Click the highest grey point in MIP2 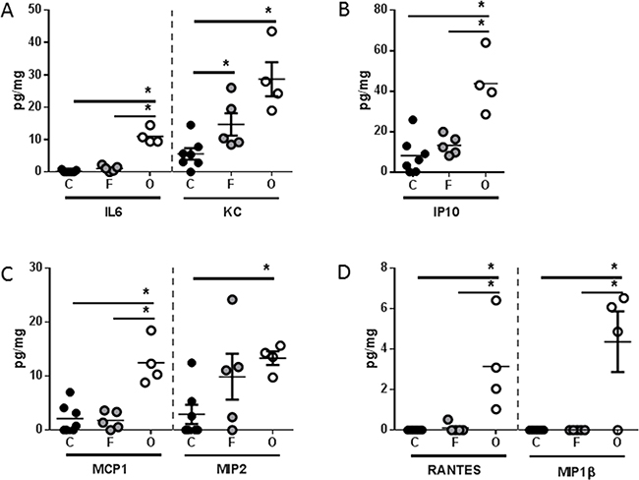[232, 299]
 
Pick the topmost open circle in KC [271, 32]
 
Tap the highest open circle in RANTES [496, 300]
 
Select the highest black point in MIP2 [193, 363]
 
